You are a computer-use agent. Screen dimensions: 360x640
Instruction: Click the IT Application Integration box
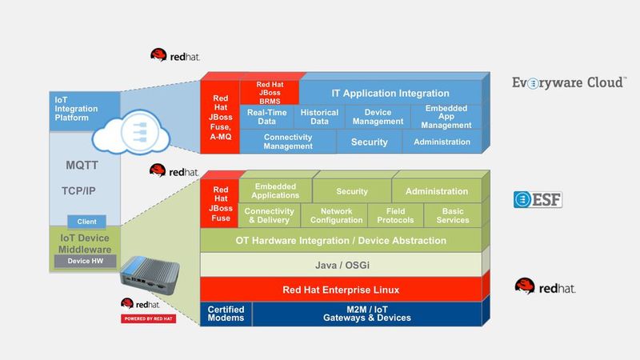[x=390, y=93]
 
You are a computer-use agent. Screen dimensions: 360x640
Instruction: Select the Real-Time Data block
[x=267, y=118]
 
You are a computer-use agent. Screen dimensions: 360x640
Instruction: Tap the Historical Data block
[x=319, y=118]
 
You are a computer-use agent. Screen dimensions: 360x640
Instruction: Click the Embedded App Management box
[x=446, y=117]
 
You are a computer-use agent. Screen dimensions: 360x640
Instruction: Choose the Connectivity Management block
[x=287, y=142]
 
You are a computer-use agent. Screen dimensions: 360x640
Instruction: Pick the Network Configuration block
[x=336, y=215]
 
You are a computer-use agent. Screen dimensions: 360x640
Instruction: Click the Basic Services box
[x=454, y=215]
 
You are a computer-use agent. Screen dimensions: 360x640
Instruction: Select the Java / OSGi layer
[x=340, y=263]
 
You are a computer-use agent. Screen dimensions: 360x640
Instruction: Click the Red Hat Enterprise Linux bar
[x=340, y=289]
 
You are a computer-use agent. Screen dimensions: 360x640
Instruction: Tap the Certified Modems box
[x=226, y=314]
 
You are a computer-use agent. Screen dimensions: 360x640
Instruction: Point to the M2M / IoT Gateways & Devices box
[x=367, y=314]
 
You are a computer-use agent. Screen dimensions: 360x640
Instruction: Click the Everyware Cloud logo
[x=569, y=82]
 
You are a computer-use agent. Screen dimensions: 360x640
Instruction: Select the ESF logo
[x=538, y=199]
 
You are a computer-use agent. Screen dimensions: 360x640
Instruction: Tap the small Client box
[x=86, y=222]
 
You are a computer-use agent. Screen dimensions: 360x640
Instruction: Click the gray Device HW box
[x=86, y=262]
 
